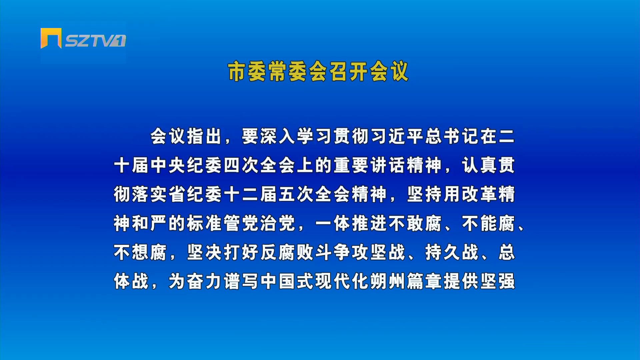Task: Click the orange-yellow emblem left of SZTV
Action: click(51, 38)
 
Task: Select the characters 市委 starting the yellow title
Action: click(248, 71)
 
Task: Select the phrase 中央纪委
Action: click(186, 165)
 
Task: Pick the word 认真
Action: click(479, 165)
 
